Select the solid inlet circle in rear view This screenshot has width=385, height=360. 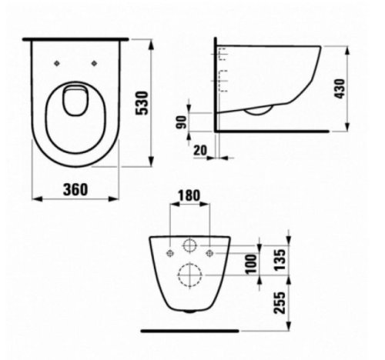tap(189, 247)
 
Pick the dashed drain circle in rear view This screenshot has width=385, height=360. tap(189, 275)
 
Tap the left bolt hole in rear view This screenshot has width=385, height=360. tap(169, 249)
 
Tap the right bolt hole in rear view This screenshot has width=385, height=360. tap(209, 249)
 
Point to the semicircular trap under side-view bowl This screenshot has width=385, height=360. tap(257, 113)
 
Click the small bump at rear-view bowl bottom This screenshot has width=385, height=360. tap(189, 312)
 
